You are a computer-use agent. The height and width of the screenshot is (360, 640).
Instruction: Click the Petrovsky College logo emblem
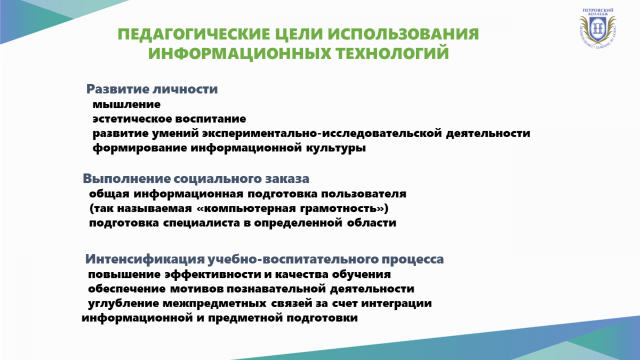(x=597, y=28)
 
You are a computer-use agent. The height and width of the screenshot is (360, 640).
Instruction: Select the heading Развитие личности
(x=152, y=89)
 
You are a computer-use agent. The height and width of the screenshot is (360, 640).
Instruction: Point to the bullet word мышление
(x=126, y=105)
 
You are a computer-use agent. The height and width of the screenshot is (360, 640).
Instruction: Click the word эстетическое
(x=132, y=119)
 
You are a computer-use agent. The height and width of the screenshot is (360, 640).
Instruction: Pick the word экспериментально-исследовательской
(x=322, y=133)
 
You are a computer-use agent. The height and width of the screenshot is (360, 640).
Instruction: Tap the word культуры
(x=336, y=148)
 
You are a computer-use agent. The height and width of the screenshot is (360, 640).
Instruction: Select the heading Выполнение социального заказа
(x=196, y=179)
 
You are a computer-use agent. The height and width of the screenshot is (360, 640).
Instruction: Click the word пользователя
(x=363, y=194)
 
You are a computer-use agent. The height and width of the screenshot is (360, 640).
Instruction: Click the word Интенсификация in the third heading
(x=145, y=259)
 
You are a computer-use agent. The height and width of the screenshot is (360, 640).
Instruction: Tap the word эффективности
(x=213, y=275)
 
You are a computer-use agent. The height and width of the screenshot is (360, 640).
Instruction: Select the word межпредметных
(x=214, y=303)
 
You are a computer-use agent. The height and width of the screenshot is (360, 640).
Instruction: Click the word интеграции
(x=396, y=303)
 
